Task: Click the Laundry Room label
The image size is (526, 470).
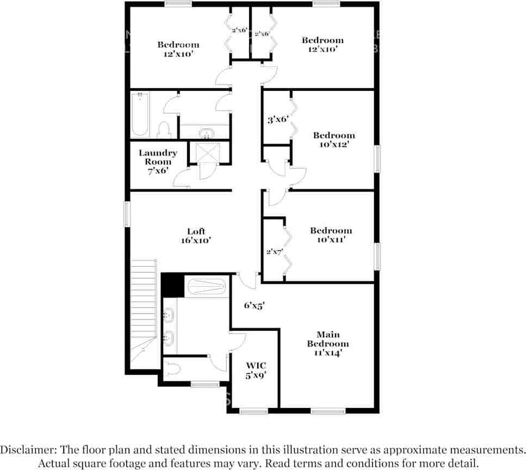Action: [x=158, y=157]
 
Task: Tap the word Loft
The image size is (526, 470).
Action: [x=196, y=231]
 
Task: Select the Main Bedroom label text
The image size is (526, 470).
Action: [x=327, y=339]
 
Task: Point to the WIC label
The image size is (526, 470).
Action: [x=256, y=365]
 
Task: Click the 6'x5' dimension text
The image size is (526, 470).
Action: [x=253, y=306]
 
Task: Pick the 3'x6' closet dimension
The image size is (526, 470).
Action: [x=277, y=120]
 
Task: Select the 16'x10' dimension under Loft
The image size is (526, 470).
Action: [x=196, y=240]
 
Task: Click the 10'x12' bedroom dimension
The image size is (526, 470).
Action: [x=334, y=144]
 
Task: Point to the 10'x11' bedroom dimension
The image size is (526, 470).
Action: [x=331, y=239]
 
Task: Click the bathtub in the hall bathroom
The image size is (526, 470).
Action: [x=140, y=114]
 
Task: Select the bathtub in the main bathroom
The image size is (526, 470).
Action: [x=206, y=287]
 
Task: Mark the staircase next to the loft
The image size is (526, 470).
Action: [x=144, y=305]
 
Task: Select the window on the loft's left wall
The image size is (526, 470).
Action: [x=127, y=214]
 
